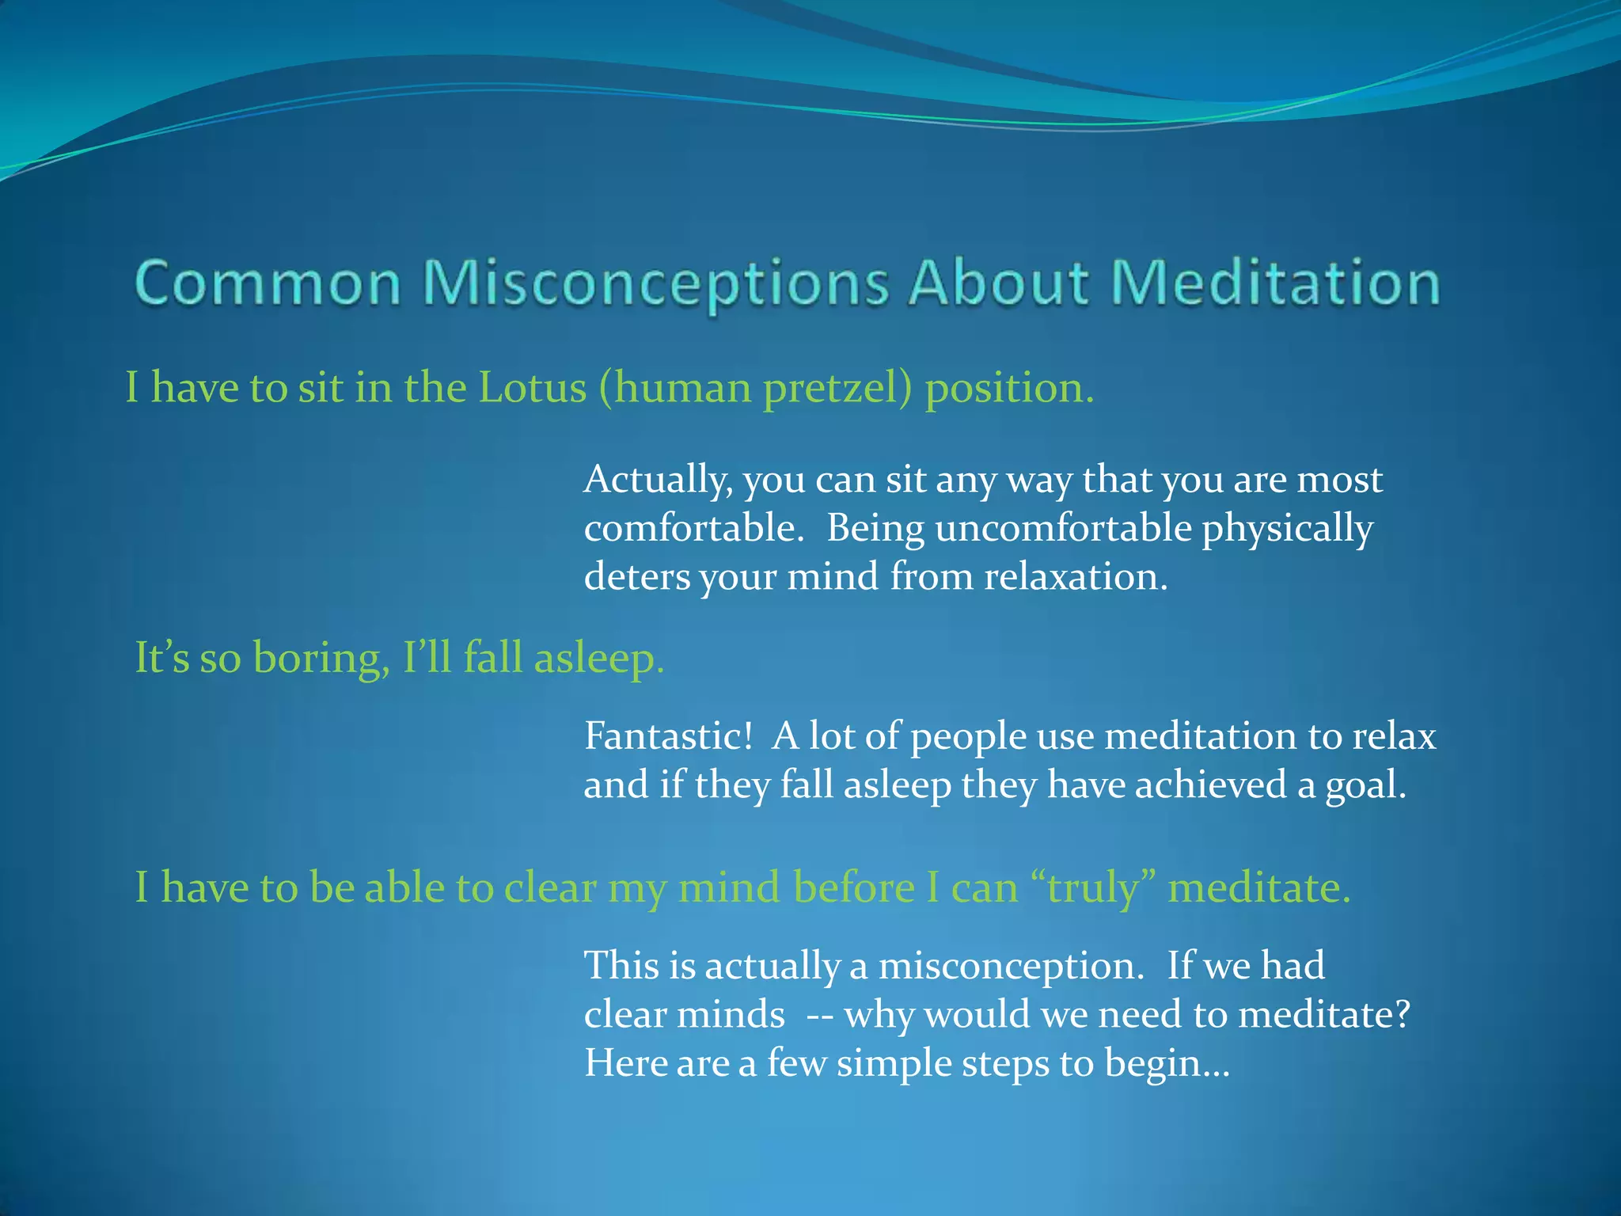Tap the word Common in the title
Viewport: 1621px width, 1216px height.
click(x=268, y=283)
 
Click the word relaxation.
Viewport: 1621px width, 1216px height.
click(x=1076, y=576)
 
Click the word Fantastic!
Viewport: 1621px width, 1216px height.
click(x=669, y=736)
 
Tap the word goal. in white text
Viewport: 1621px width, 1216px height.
click(x=1366, y=785)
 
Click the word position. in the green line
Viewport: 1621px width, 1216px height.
click(x=1010, y=389)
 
